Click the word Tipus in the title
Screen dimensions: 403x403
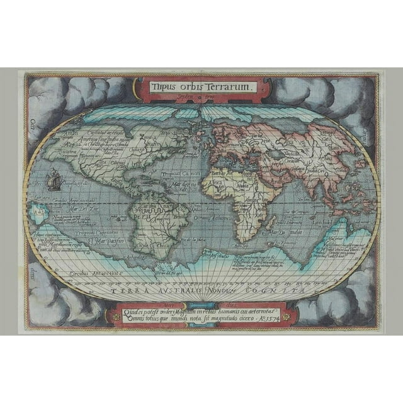click(162, 87)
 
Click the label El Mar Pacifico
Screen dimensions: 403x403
click(107, 240)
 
